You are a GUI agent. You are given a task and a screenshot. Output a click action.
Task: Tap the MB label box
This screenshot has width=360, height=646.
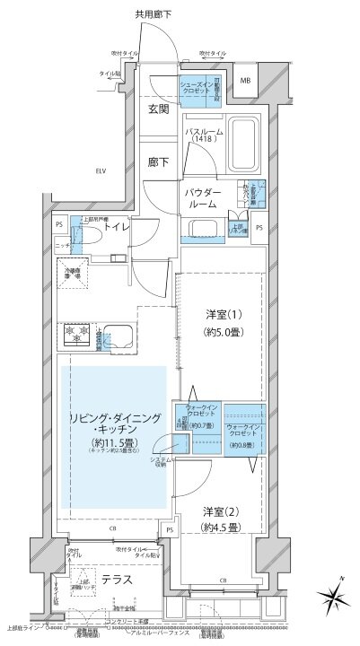[245, 81]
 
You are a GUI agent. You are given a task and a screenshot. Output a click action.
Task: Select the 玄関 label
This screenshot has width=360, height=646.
[159, 108]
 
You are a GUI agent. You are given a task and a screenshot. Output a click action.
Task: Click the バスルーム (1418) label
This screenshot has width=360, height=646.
[203, 135]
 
